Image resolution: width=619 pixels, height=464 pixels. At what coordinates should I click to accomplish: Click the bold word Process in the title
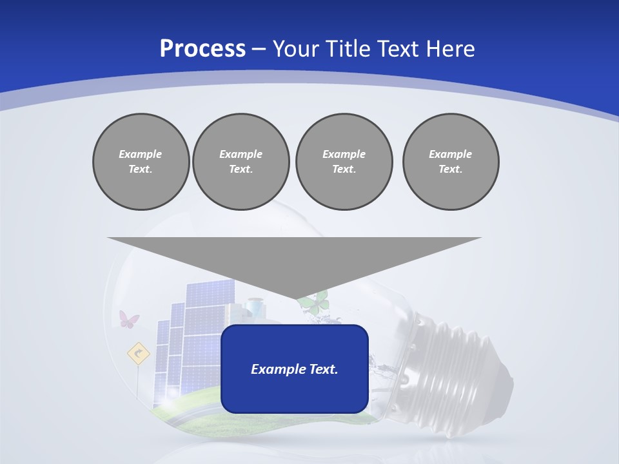click(202, 49)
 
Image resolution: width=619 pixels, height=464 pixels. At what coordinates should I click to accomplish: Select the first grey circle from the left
click(141, 162)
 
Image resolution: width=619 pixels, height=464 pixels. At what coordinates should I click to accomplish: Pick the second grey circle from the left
click(241, 162)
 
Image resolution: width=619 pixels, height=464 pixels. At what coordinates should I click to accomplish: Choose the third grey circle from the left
click(344, 162)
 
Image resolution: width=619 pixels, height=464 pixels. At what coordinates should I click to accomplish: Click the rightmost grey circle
click(451, 162)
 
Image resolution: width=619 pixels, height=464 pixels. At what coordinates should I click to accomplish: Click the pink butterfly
click(129, 318)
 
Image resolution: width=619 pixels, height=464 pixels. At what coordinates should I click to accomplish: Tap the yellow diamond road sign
click(138, 353)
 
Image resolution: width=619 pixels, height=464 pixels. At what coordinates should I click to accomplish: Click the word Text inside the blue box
click(323, 369)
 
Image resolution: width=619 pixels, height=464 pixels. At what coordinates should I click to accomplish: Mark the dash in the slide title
click(259, 49)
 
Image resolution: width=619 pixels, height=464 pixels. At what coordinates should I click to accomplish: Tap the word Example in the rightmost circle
click(450, 154)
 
